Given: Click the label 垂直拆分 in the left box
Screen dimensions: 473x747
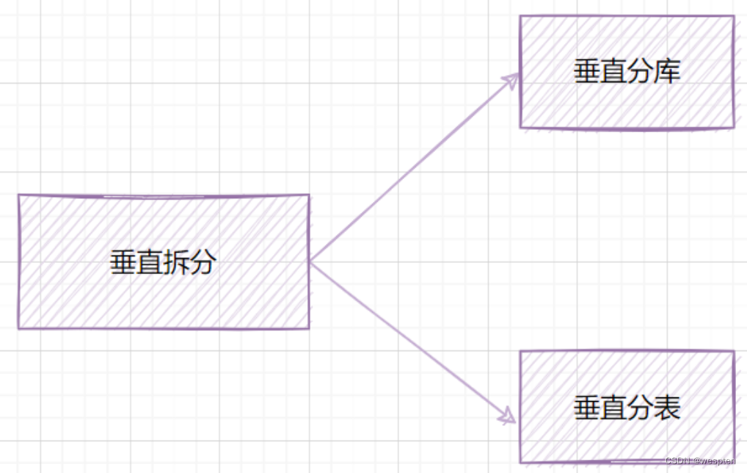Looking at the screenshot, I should point(163,262).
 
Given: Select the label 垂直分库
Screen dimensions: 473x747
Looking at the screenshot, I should point(627,72).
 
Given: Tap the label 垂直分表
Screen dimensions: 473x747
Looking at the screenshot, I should point(627,408).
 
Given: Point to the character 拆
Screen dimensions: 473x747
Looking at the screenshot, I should point(176,262).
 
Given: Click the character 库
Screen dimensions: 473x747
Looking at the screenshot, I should point(668,72).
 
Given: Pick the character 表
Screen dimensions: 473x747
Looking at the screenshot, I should point(668,408).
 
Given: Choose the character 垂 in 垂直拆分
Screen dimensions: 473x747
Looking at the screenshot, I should point(123,262).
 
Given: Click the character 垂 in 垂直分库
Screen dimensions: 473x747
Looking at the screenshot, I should point(587,72).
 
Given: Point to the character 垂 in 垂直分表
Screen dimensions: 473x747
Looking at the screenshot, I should point(587,408).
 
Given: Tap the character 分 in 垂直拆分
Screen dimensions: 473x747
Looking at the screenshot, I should point(203,262).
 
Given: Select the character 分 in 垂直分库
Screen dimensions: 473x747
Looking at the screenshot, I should point(641,72).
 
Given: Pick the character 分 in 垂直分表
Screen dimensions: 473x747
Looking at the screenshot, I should point(641,408).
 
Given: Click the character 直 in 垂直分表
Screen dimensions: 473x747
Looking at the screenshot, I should point(613,408).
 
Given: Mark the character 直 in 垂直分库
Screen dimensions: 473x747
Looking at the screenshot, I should point(613,72).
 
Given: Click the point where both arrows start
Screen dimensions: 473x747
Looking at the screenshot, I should point(310,261).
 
